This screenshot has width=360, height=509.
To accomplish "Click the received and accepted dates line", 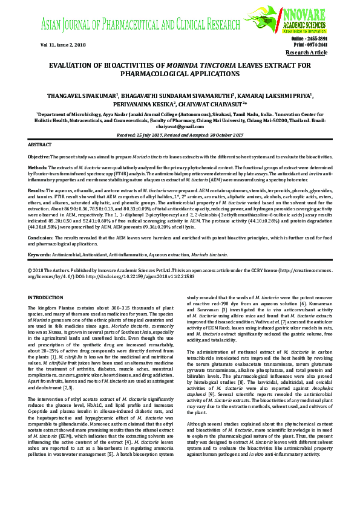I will click(x=180, y=136).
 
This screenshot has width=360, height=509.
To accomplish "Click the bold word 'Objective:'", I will click(x=39, y=157).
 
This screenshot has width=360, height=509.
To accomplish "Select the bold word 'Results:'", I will click(x=37, y=190).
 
